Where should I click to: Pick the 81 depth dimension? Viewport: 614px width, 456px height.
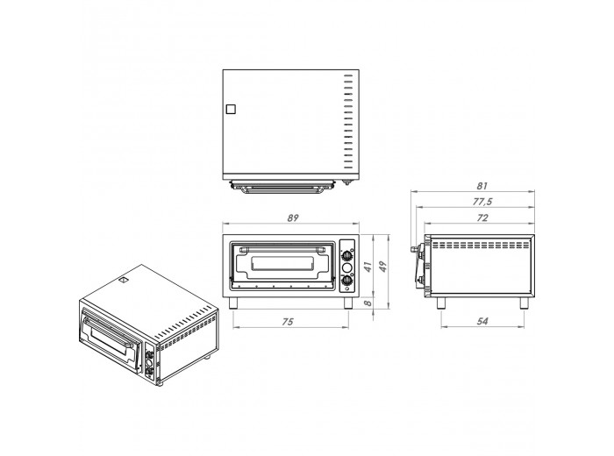(480, 186)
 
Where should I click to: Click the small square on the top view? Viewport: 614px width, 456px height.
(231, 110)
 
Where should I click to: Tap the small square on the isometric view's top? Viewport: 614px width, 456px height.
(125, 281)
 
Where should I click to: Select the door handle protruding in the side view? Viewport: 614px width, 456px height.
(415, 249)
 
